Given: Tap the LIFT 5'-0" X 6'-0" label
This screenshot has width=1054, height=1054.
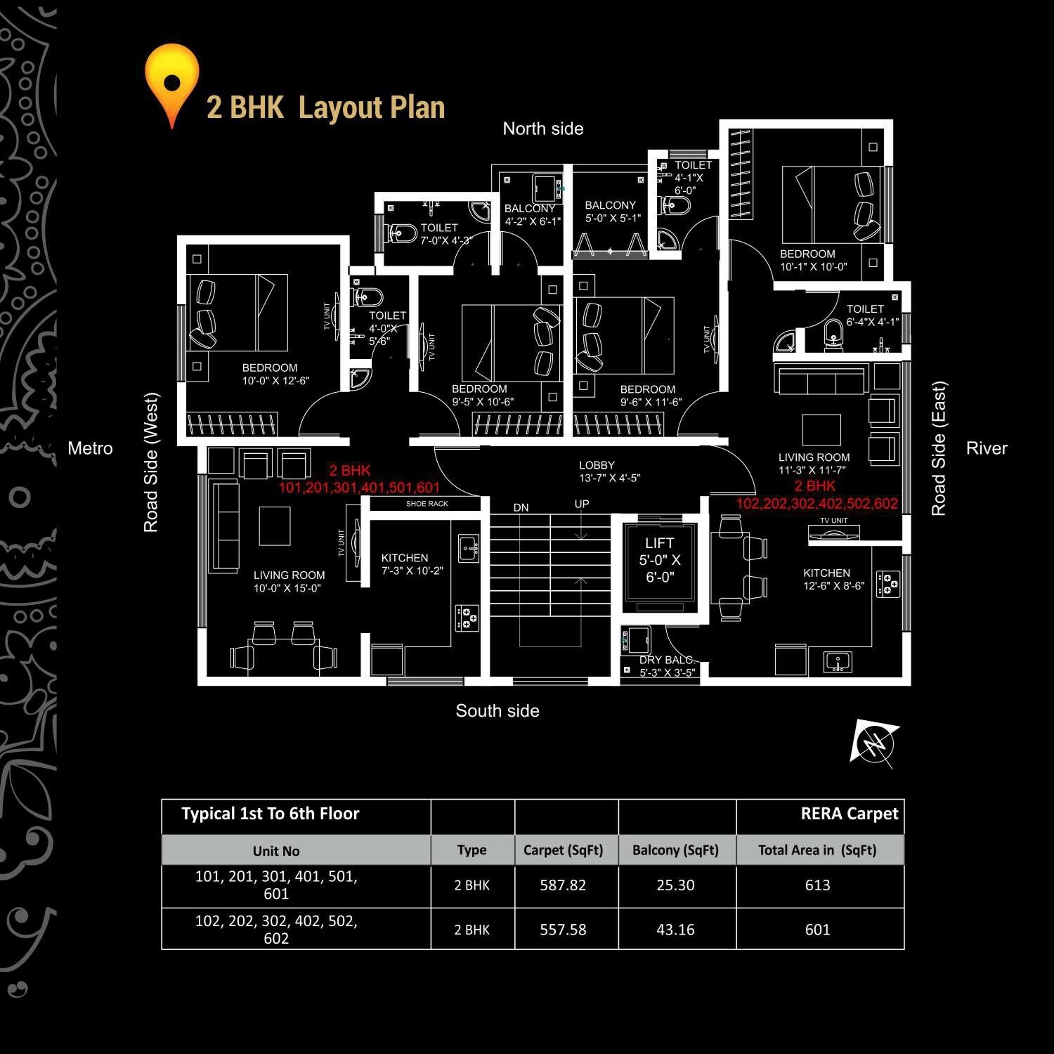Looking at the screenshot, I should point(659,560).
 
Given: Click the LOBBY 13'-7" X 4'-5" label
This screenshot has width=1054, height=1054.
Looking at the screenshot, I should point(609,471).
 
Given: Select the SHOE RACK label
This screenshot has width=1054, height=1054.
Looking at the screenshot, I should point(427,504).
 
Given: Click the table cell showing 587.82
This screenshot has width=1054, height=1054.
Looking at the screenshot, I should point(563,885).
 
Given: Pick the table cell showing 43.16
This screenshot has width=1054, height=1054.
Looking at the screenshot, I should point(675,930).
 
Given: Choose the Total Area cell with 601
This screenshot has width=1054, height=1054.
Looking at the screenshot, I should point(817,930).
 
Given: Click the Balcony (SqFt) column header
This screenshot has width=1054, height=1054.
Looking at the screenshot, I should point(675,850).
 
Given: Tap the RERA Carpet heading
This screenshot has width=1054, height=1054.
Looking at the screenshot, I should point(849,814).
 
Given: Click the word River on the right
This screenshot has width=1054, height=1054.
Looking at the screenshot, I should point(987,448).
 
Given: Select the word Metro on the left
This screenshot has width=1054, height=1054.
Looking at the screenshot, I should point(90,448).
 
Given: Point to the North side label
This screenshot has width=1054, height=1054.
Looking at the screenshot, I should point(543,129).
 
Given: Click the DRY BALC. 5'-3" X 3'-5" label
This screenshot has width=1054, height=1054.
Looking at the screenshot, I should point(667,666).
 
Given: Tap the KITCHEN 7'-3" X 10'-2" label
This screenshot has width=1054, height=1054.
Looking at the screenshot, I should point(412,564).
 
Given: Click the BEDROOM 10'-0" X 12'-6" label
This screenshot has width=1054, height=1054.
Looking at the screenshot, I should point(275,375).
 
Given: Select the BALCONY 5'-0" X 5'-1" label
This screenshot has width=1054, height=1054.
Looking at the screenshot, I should point(612,212).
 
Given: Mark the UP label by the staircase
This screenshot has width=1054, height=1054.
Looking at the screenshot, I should point(582,504).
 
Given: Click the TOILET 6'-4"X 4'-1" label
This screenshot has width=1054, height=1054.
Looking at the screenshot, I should point(871,315).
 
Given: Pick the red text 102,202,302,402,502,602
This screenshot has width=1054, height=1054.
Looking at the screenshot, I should point(816,504).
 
